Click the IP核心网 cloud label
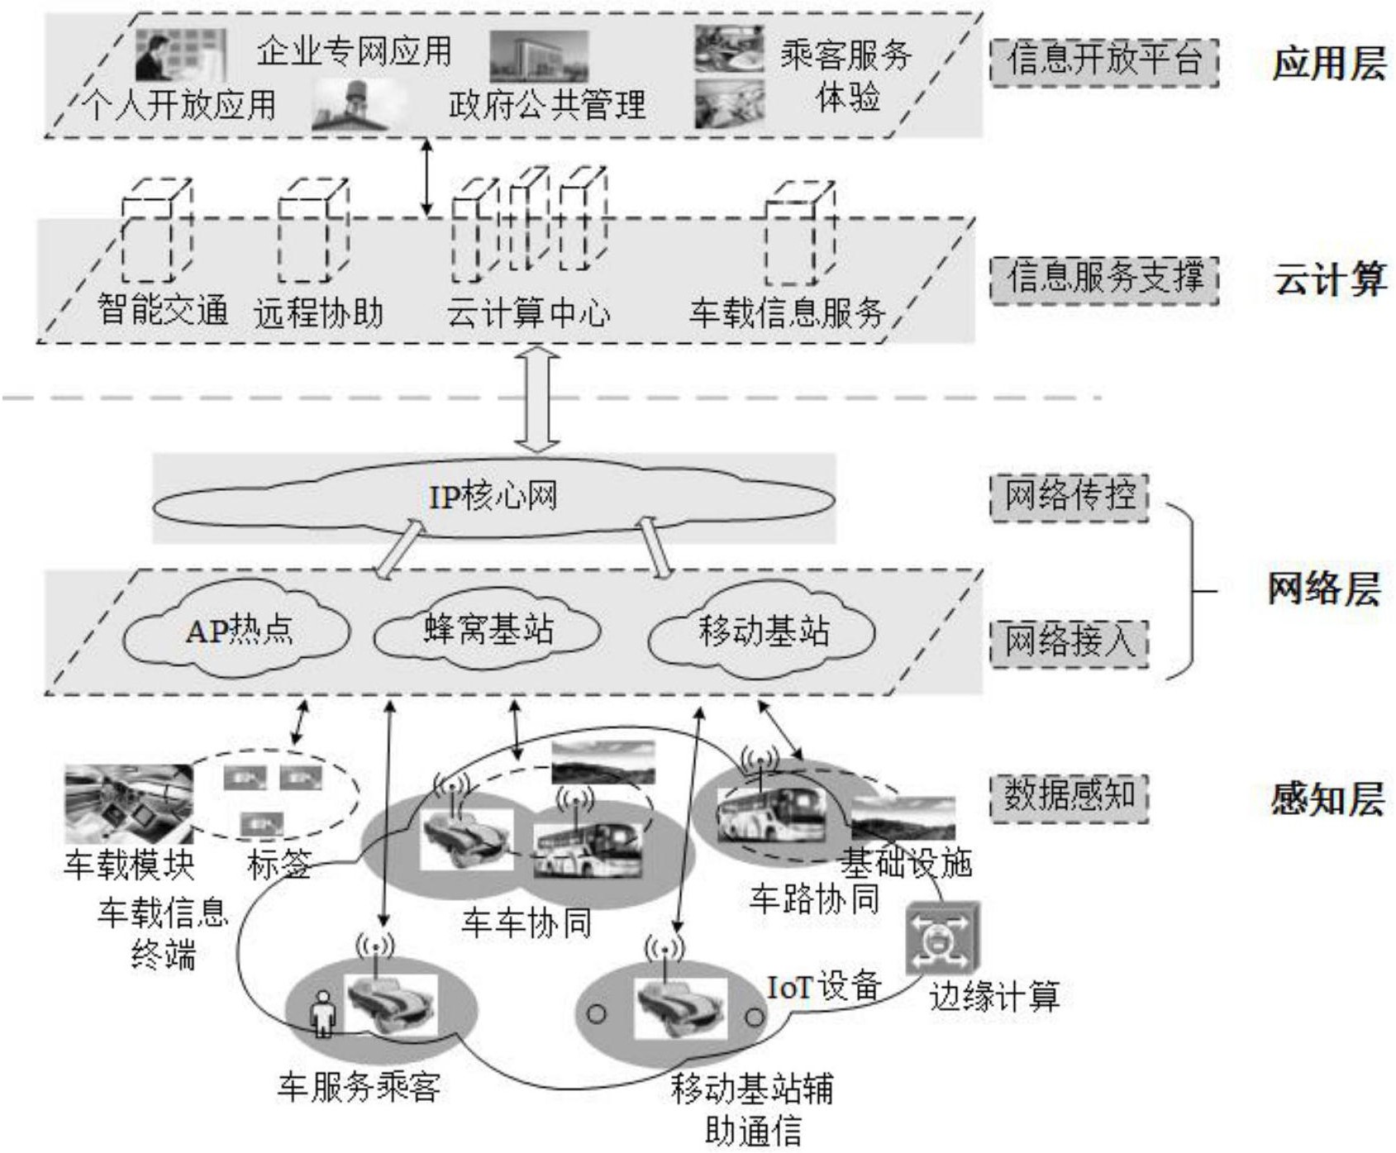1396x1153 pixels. pyautogui.click(x=493, y=497)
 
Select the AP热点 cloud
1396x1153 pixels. pyautogui.click(x=237, y=631)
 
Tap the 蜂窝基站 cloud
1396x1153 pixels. pyautogui.click(x=488, y=631)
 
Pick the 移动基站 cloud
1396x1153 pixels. pyautogui.click(x=762, y=631)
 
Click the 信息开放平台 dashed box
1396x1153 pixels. pyautogui.click(x=1104, y=61)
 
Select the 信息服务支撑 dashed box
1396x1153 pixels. pyautogui.click(x=1104, y=278)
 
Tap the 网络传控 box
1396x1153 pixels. pyautogui.click(x=1070, y=497)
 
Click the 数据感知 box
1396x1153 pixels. pyautogui.click(x=1070, y=797)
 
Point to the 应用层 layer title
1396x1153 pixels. pyautogui.click(x=1328, y=63)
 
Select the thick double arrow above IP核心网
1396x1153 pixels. pyautogui.click(x=538, y=400)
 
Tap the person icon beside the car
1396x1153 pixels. pyautogui.click(x=323, y=1013)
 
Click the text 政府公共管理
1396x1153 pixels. pyautogui.click(x=546, y=106)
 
